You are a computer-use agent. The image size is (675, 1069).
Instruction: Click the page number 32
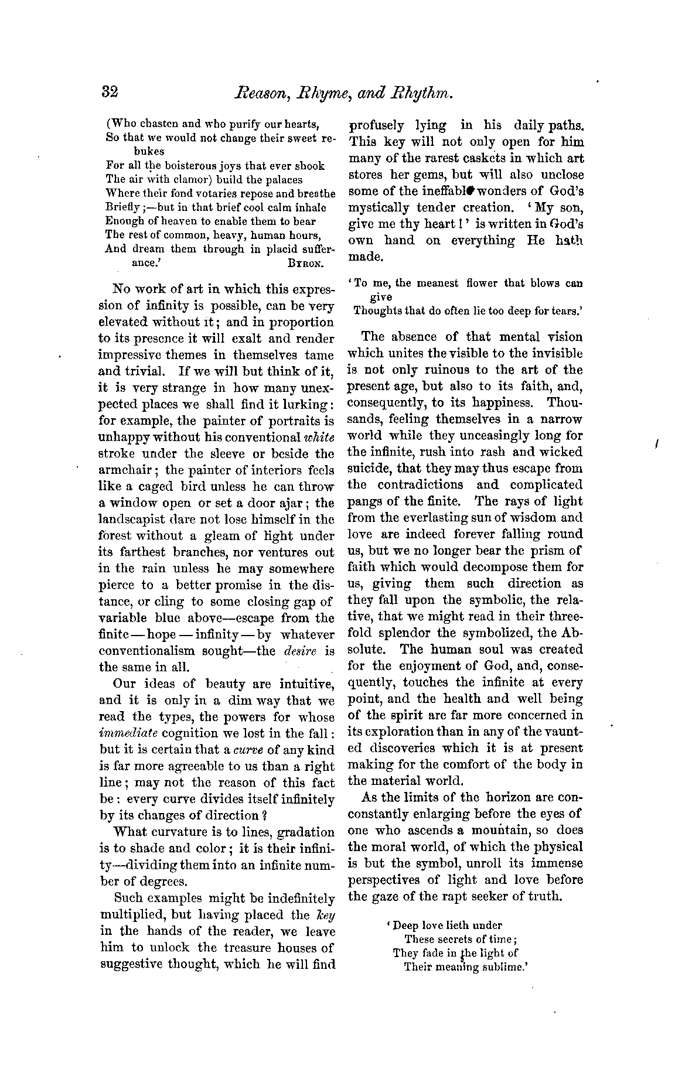tap(110, 92)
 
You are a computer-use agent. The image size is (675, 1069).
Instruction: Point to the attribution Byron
tap(306, 264)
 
